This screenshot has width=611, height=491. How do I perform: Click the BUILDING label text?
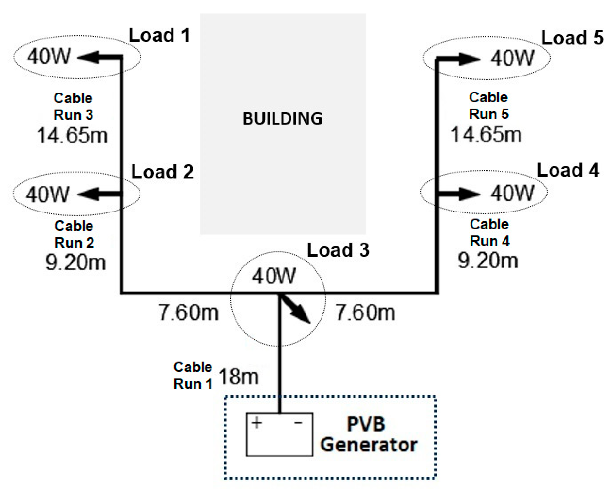[x=282, y=118]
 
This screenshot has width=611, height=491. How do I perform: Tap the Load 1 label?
[x=159, y=35]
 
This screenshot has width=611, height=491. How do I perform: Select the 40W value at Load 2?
[x=48, y=194]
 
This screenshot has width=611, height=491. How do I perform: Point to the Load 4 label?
[x=568, y=170]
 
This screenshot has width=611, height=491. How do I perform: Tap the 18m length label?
[x=238, y=377]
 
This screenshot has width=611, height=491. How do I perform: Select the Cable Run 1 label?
[x=193, y=376]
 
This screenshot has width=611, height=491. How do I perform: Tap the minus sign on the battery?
[x=298, y=423]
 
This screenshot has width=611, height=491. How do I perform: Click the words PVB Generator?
[x=368, y=434]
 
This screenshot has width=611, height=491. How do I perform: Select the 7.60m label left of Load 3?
[x=189, y=312]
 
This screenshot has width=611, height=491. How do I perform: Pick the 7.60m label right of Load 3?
[x=365, y=312]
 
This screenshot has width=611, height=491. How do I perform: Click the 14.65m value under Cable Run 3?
[x=72, y=135]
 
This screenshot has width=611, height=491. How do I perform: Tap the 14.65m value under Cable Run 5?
[x=486, y=134]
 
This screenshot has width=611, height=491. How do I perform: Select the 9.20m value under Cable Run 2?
[x=76, y=262]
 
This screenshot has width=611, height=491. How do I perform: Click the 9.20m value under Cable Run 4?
[x=488, y=261]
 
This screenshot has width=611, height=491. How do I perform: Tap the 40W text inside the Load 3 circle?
[x=274, y=276]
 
